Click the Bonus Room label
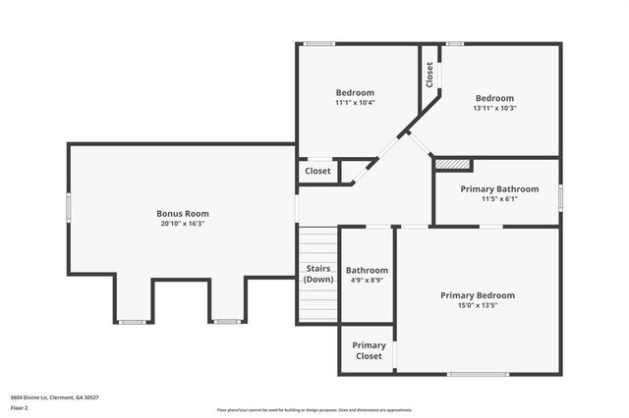coord(183,213)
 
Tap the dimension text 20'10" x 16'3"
coord(183,224)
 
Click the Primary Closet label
coord(369,350)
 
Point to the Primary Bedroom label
coord(478,295)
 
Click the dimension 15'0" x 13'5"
coord(478,305)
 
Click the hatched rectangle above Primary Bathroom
coord(452,164)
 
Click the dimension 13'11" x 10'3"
coord(494,108)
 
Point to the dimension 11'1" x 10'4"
coord(355,102)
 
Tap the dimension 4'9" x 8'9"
coord(367,281)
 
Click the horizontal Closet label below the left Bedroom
coord(317,171)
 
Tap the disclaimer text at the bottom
coord(314,410)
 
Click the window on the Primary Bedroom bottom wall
coord(478,374)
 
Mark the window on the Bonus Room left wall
coord(68,209)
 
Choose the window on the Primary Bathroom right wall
coord(560,196)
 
